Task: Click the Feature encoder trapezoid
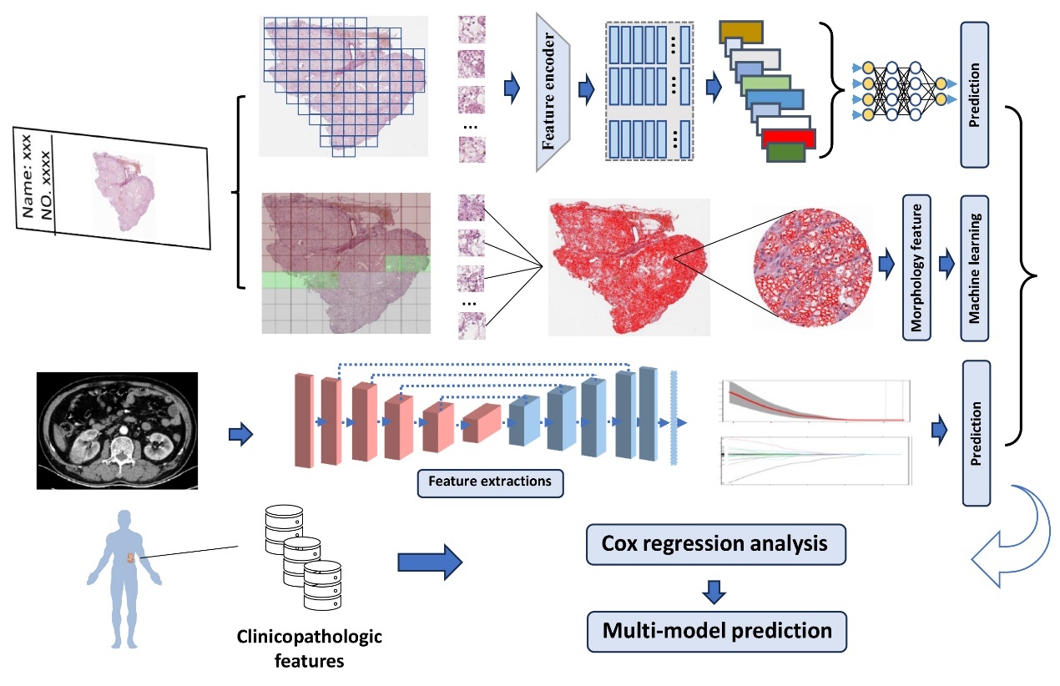pyautogui.click(x=553, y=93)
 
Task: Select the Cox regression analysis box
pyautogui.click(x=715, y=544)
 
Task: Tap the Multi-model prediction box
pyautogui.click(x=717, y=631)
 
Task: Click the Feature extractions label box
pyautogui.click(x=490, y=483)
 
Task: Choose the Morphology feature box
pyautogui.click(x=916, y=268)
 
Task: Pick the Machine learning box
pyautogui.click(x=974, y=268)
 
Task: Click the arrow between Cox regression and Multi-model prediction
pyautogui.click(x=714, y=592)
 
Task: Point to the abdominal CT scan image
pyautogui.click(x=118, y=431)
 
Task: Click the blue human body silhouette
pyautogui.click(x=124, y=578)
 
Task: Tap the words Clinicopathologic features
pyautogui.click(x=310, y=648)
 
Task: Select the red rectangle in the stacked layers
pyautogui.click(x=789, y=139)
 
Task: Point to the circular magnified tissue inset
pyautogui.click(x=812, y=268)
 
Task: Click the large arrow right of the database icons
pyautogui.click(x=430, y=562)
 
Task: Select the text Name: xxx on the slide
pyautogui.click(x=27, y=176)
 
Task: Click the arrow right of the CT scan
pyautogui.click(x=241, y=434)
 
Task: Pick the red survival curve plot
pyautogui.click(x=815, y=401)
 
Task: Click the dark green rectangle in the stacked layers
pyautogui.click(x=785, y=153)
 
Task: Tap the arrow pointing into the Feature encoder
pyautogui.click(x=512, y=88)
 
